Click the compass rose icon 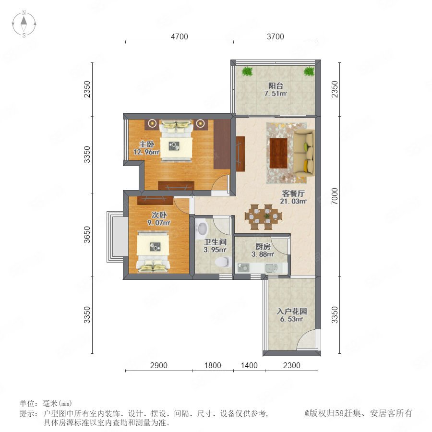(x=24, y=24)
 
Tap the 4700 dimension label (x=180, y=36)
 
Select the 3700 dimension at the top (x=275, y=36)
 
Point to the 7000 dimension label (x=335, y=196)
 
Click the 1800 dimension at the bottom (x=213, y=365)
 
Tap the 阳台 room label (x=276, y=86)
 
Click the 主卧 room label (x=146, y=144)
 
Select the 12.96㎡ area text (x=146, y=152)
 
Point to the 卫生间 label (x=215, y=242)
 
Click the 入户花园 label (x=292, y=312)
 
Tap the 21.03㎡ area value (x=293, y=202)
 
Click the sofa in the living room (x=304, y=153)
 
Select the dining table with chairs (x=264, y=217)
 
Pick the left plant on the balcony (x=247, y=72)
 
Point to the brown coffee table (x=278, y=153)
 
